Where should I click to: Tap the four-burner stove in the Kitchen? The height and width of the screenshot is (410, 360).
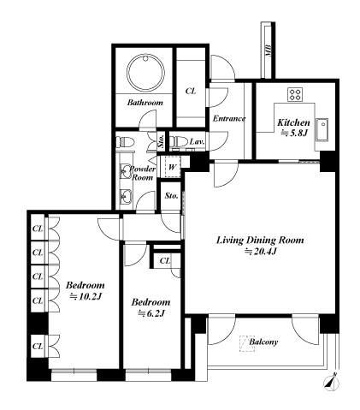295,94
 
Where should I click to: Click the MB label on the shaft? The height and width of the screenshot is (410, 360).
268,51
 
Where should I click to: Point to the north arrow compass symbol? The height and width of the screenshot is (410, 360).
332,383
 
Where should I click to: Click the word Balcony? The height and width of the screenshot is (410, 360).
263,342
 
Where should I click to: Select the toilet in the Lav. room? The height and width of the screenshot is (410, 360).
178,141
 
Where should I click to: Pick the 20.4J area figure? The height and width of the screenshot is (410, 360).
262,252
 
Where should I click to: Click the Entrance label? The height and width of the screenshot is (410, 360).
229,118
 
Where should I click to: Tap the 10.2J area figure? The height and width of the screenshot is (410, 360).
86,297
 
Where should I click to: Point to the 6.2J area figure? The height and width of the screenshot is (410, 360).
151,313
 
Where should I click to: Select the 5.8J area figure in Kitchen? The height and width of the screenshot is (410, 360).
294,133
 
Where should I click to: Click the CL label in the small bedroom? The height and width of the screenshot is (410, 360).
165,261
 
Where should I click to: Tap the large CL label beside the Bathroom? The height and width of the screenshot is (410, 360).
191,92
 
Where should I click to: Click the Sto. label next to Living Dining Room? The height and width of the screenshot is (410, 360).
172,196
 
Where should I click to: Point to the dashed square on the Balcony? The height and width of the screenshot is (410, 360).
247,343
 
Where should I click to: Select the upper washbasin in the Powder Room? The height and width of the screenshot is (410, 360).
126,171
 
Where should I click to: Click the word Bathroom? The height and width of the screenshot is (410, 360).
145,103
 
